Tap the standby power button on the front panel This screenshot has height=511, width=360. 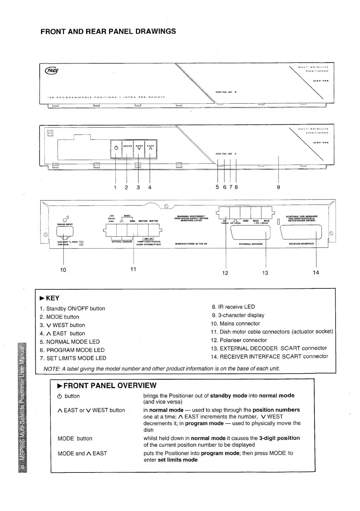tap(116, 149)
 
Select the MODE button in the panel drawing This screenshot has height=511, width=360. tap(128, 149)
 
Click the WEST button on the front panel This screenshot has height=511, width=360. tap(139, 149)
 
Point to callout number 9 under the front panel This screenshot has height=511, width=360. tap(278, 187)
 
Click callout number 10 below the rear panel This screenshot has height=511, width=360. tap(63, 270)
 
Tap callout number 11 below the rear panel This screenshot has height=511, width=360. tap(133, 269)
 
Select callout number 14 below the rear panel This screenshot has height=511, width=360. tap(316, 272)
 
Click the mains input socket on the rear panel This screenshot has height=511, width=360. tap(65, 234)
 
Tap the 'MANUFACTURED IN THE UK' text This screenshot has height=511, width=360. tap(191, 244)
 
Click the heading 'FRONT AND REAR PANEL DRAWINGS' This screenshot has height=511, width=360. tap(108, 31)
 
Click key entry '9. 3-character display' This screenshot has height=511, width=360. tap(238, 315)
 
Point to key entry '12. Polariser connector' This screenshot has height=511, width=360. tap(239, 340)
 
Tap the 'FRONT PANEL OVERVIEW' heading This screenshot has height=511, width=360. tap(107, 386)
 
